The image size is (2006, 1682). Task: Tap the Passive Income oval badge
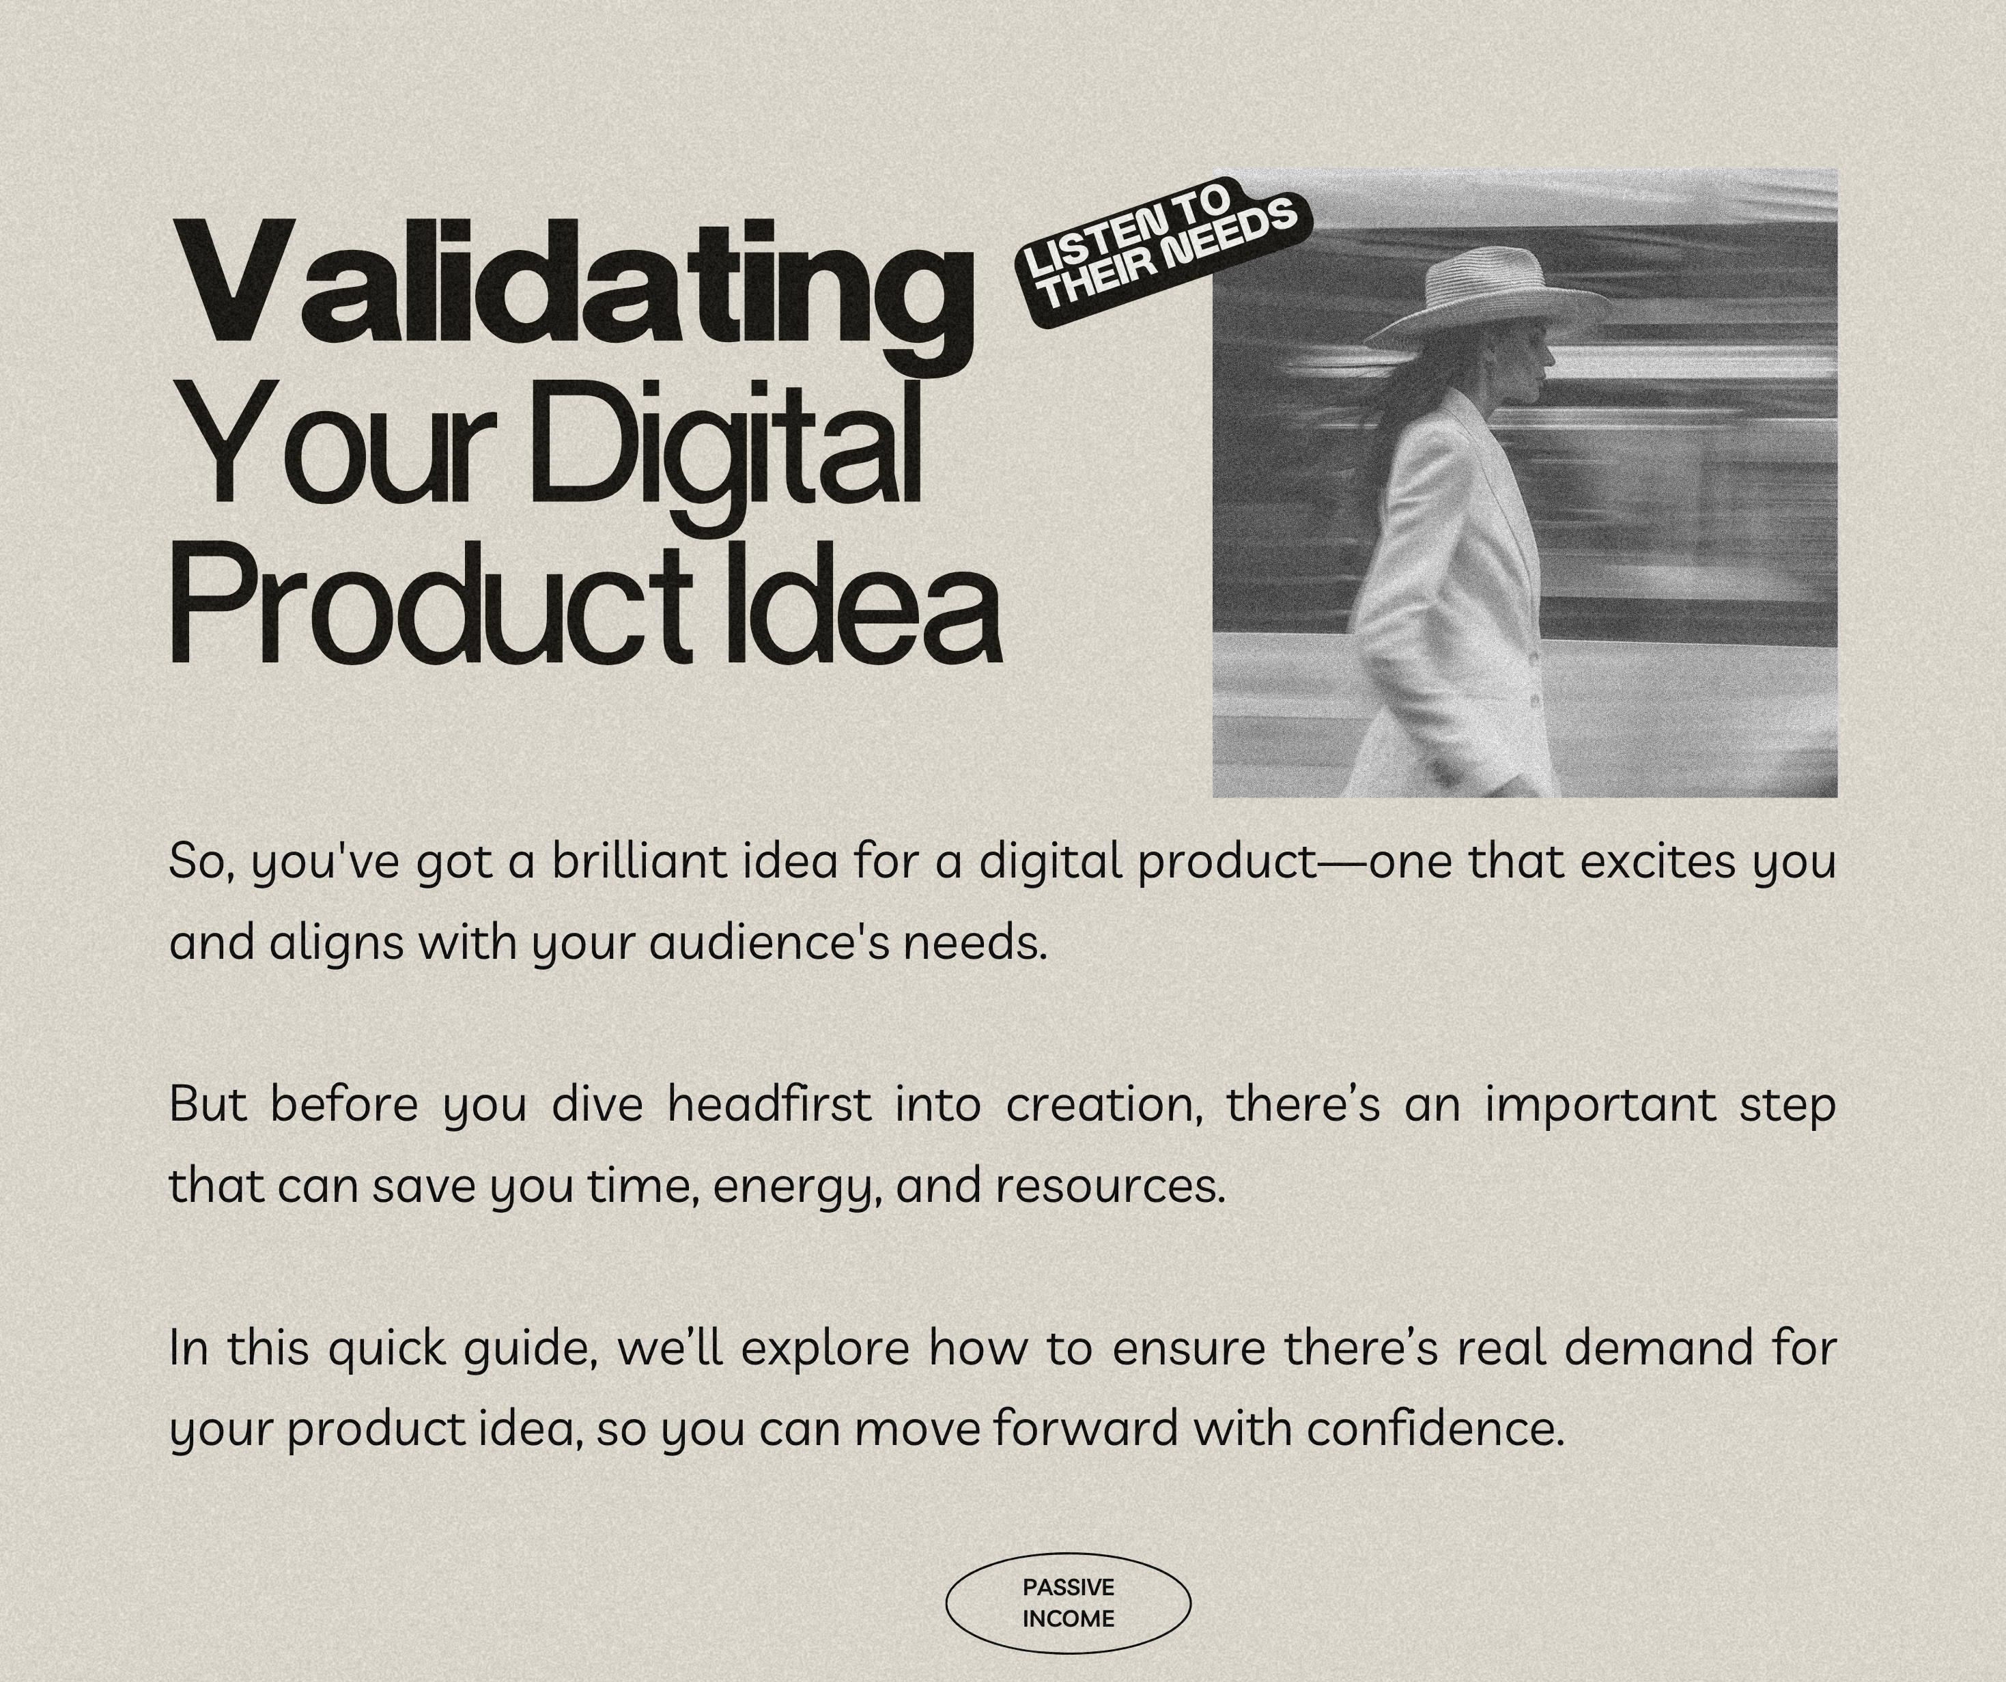[1068, 1603]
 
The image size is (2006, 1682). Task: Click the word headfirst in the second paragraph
[769, 1105]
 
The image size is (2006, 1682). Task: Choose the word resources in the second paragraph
[1110, 1188]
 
